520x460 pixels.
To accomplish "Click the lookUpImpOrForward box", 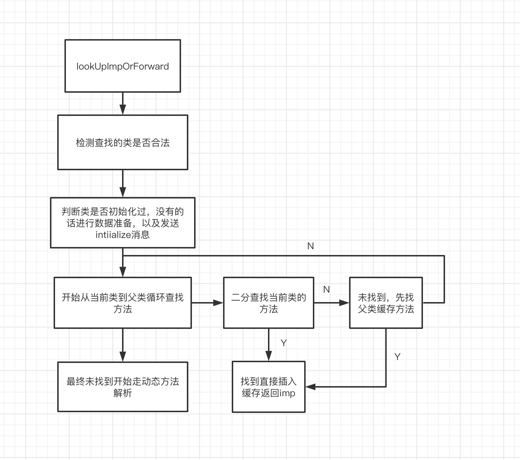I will coord(122,66).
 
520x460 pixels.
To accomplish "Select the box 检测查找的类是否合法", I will coord(122,142).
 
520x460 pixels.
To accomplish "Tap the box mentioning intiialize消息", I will coord(122,223).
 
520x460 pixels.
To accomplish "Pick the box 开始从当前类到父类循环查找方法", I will coord(122,303).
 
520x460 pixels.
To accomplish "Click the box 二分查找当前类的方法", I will coord(268,303).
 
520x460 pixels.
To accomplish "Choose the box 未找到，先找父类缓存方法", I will coord(386,303).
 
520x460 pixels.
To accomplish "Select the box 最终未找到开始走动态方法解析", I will coord(122,386).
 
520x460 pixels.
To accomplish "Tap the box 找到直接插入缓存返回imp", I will coord(268,386).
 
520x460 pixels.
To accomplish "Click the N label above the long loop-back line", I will coord(310,246).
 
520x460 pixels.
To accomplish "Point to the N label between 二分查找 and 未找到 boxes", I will coord(326,289).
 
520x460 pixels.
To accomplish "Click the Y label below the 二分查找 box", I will coord(284,343).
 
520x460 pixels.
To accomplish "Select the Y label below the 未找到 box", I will coord(397,357).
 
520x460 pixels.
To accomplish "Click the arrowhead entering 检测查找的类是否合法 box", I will coord(123,110).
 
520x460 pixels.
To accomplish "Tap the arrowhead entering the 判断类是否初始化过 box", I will coord(123,192).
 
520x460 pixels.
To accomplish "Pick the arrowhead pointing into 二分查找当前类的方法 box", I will coord(218,302).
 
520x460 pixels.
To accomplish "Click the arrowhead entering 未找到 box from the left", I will coord(344,302).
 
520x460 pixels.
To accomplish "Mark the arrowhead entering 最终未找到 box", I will coord(123,356).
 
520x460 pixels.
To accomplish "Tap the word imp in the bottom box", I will coord(287,393).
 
